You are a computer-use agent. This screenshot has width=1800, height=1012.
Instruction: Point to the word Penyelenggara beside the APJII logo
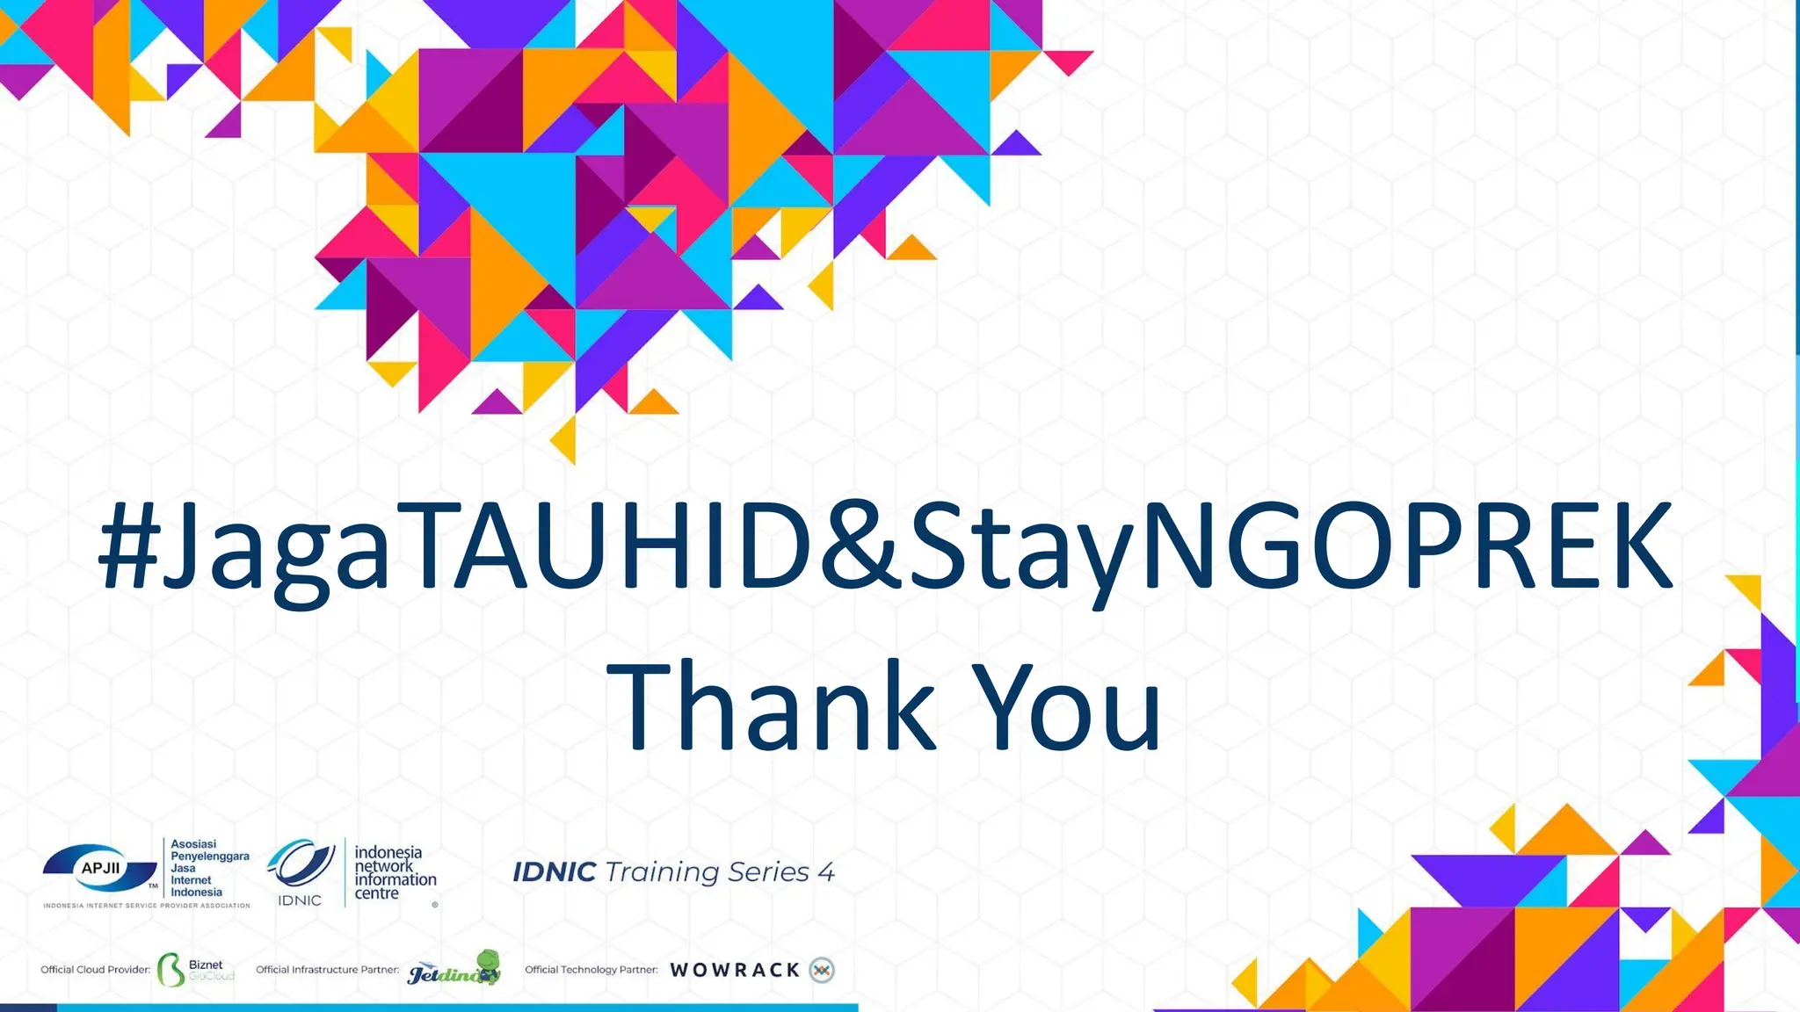(x=210, y=856)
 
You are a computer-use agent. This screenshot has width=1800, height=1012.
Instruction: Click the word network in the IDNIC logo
(x=383, y=866)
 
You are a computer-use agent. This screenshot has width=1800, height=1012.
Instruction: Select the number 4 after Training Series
(x=825, y=872)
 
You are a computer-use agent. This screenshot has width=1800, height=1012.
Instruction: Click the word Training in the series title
(x=660, y=872)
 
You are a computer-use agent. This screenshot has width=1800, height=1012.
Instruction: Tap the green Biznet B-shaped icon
(x=171, y=970)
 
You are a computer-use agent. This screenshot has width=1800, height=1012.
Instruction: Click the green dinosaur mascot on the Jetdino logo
(x=486, y=964)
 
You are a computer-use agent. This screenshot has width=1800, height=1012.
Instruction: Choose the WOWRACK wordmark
(x=735, y=970)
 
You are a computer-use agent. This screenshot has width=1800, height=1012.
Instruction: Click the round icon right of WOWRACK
(x=822, y=970)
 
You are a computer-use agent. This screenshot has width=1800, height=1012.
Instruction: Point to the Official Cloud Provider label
(x=96, y=970)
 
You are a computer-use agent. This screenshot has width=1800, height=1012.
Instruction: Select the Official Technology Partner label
(x=592, y=970)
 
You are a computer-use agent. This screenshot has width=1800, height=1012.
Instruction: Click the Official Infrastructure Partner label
(x=327, y=970)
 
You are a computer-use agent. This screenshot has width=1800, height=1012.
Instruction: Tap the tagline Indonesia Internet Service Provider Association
(x=147, y=906)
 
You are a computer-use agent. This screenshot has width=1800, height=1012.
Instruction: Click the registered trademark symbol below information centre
(x=435, y=904)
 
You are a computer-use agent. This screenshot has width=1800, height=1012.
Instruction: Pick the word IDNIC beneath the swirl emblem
(x=300, y=900)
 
